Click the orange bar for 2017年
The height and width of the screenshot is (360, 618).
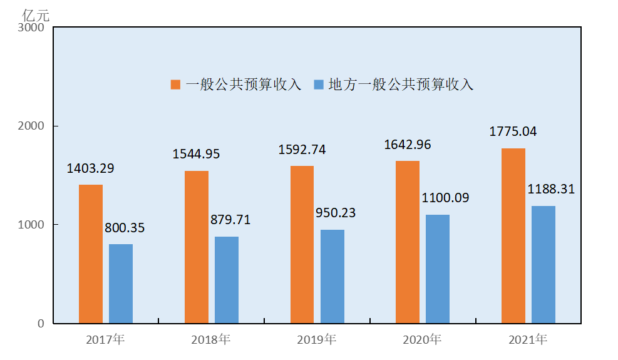[91, 254]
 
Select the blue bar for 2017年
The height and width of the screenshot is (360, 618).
[121, 284]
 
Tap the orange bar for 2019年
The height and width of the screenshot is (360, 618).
[302, 244]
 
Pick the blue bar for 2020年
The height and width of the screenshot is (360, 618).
[438, 269]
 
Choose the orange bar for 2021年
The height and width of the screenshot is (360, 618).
[513, 235]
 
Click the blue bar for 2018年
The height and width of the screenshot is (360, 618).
[227, 280]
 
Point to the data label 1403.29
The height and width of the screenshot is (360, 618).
[91, 168]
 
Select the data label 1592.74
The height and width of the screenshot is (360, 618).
[302, 150]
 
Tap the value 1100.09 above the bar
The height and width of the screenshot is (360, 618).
[444, 198]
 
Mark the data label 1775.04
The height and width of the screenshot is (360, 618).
[513, 131]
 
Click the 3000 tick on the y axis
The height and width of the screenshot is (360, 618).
[31, 28]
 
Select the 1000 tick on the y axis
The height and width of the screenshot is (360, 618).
[31, 225]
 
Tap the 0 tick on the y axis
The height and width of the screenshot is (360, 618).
[41, 324]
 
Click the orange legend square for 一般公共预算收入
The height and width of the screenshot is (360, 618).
[176, 85]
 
